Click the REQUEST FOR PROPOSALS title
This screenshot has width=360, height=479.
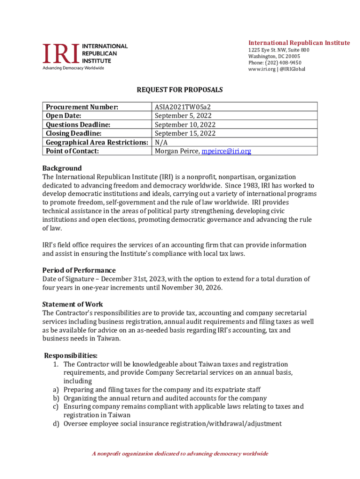(x=180, y=89)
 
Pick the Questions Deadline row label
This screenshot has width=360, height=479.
(x=78, y=124)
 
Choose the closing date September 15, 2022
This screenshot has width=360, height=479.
(x=185, y=133)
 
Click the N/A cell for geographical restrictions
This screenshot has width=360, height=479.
(x=161, y=142)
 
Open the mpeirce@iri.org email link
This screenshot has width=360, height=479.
(x=226, y=151)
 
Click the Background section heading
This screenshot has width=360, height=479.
(x=62, y=168)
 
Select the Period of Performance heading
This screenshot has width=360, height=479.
(x=79, y=270)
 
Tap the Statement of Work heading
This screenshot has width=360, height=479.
(x=72, y=305)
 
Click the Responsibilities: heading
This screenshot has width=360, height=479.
(x=71, y=356)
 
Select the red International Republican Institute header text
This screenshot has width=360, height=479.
(x=299, y=43)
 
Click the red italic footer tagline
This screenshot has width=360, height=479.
(x=180, y=454)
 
